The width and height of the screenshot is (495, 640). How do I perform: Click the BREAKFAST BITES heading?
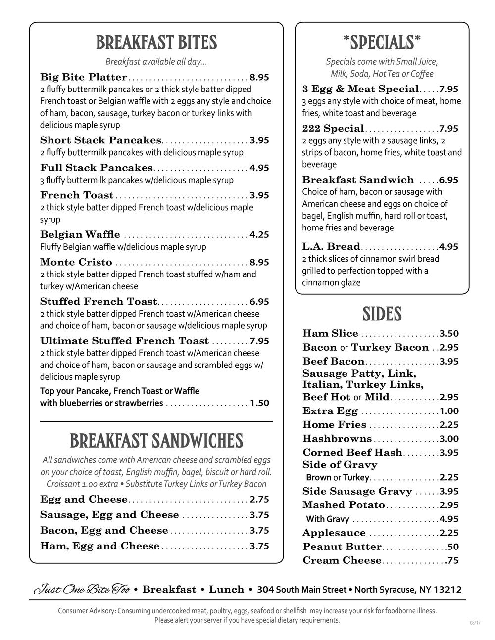156,43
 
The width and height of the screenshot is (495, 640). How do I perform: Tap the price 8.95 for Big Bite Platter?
259,77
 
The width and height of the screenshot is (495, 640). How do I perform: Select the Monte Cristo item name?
76,262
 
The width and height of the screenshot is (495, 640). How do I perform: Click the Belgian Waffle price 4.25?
259,235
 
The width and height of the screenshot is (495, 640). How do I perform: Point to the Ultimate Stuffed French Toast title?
124,341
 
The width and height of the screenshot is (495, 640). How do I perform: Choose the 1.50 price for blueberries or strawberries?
259,403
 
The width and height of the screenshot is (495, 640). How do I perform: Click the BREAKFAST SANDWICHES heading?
156,441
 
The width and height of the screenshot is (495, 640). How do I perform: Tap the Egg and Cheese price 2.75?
259,500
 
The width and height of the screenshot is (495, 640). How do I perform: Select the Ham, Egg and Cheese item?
100,546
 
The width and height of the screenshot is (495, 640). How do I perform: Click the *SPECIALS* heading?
382,43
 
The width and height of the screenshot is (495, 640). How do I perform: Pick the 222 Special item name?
333,129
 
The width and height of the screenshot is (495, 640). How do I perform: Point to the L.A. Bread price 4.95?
448,247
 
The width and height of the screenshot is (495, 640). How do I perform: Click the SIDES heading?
382,314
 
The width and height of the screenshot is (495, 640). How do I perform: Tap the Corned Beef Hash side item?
352,453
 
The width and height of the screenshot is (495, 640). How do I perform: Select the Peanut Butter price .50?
452,547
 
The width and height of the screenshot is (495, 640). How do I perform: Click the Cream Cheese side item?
342,561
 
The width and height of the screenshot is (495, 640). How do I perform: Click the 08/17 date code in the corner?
475,623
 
